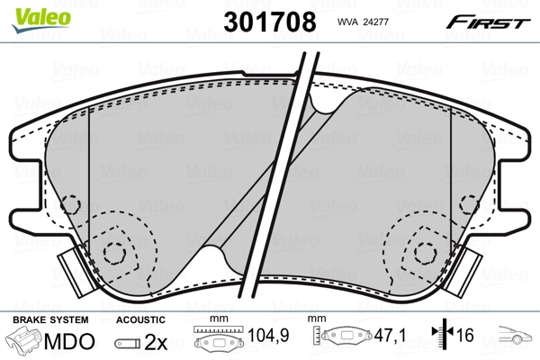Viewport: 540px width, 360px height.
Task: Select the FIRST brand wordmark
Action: tap(490, 22)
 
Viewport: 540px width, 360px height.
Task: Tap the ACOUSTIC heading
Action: tap(141, 319)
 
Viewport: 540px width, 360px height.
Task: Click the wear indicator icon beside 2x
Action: tap(128, 342)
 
